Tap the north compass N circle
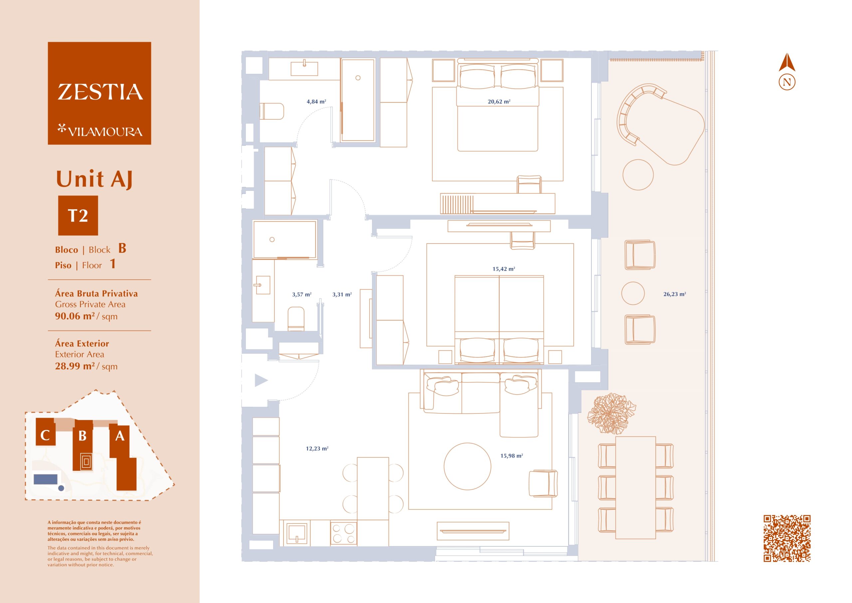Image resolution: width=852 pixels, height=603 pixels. click(787, 82)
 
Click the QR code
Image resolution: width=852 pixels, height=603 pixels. click(787, 538)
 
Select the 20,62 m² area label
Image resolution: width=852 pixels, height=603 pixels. click(499, 101)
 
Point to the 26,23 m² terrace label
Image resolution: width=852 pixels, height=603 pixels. click(675, 294)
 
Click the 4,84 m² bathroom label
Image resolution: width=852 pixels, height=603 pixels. click(316, 101)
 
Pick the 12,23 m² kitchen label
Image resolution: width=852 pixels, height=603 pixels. click(317, 449)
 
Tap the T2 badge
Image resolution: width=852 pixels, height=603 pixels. click(78, 215)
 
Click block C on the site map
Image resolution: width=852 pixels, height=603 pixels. click(45, 432)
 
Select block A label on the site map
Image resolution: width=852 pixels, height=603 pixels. click(119, 436)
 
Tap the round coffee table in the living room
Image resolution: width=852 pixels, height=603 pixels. click(468, 466)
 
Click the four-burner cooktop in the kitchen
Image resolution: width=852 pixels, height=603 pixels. click(343, 533)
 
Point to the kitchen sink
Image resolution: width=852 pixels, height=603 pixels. click(297, 533)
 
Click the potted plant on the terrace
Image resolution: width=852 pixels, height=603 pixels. click(611, 414)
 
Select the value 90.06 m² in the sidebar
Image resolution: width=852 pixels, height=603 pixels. click(75, 316)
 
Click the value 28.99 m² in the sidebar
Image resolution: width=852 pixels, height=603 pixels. click(75, 366)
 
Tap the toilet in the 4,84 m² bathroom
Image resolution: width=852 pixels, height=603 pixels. click(272, 111)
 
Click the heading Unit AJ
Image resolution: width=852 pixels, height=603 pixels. click(94, 179)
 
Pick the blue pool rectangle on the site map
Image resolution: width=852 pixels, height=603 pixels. click(46, 479)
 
